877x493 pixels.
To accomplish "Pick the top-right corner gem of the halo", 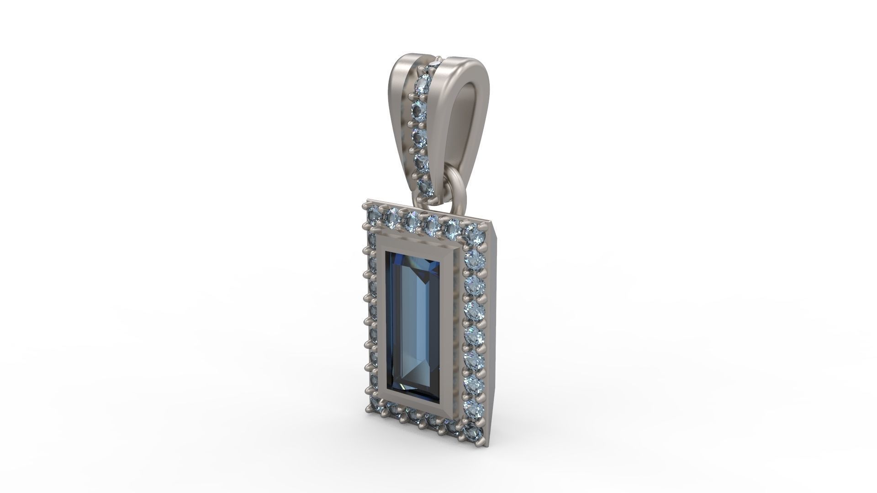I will point(473,234).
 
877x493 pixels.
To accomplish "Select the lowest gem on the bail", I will point(425,186).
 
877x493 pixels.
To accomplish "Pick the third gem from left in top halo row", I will point(412,220).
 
